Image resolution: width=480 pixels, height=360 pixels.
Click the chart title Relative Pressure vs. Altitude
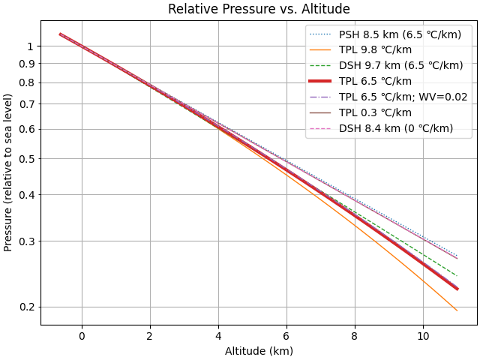259,9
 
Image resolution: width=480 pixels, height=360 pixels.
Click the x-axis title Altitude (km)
259,350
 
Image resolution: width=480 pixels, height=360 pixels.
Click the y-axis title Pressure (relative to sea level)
8,172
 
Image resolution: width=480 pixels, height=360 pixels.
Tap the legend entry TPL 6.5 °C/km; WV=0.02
401,97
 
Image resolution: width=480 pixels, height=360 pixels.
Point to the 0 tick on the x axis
82,335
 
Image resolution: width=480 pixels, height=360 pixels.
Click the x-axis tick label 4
218,335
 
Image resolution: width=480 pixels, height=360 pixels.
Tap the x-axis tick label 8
355,335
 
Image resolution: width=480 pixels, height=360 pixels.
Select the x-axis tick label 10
423,335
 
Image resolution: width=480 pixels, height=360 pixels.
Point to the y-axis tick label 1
31,46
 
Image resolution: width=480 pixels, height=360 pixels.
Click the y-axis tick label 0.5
27,158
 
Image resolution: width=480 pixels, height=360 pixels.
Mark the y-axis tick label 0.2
27,307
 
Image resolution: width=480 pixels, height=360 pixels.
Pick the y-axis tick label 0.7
27,103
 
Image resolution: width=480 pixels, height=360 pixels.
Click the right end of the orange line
457,310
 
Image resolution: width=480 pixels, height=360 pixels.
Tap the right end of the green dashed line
457,275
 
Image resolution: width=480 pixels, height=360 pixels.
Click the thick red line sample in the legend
321,81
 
